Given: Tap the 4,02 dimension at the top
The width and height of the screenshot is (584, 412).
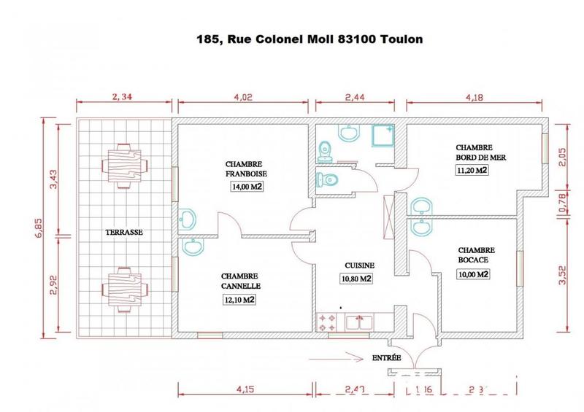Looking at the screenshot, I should coord(245,95).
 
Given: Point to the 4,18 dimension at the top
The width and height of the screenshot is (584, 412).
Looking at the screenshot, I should coord(475,95).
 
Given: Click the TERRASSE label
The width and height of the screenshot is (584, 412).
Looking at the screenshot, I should coord(123,233).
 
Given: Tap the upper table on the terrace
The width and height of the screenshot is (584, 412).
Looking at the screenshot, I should coord(122,166).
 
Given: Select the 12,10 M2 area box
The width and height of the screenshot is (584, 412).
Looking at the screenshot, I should coord(239,299).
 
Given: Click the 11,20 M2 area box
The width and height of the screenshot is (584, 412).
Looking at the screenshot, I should coord(472,171).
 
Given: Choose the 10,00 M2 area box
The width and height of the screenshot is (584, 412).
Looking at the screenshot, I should coord(472,274).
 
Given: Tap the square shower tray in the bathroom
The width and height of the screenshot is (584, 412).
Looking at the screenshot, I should coord(383,137).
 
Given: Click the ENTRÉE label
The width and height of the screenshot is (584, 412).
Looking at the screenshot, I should coord(386,358).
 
